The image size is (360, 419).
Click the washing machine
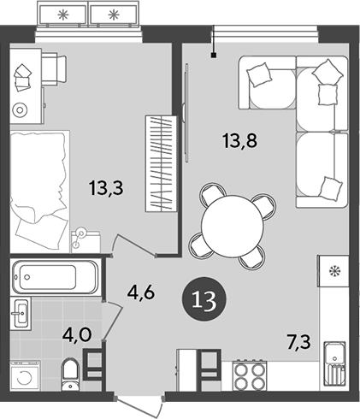click(28, 377)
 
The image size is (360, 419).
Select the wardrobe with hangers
click(161, 163)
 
